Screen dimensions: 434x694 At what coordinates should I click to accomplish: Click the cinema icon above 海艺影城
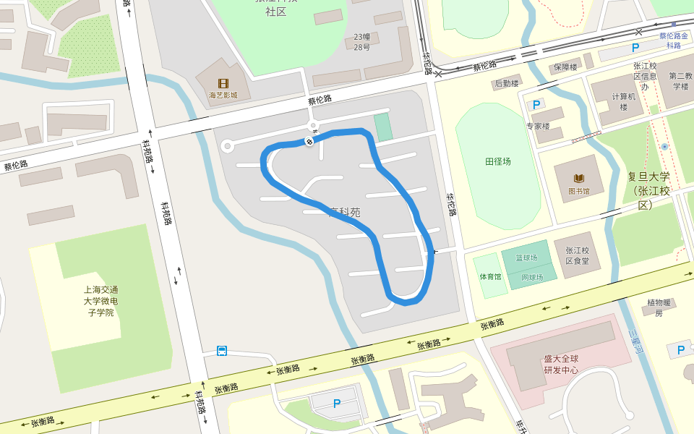point(223,83)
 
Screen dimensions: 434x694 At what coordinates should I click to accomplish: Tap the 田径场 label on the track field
point(498,161)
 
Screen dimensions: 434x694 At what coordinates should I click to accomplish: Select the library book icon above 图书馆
point(578,178)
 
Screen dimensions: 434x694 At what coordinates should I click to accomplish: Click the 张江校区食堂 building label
point(577,255)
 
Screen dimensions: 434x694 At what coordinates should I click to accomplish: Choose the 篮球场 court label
point(526,258)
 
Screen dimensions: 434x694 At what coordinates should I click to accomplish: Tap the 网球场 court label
point(532,277)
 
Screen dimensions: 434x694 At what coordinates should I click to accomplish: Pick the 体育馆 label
point(489,276)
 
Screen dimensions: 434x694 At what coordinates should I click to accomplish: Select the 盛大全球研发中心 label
point(561,364)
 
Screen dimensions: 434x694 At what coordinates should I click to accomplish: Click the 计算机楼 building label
point(624,101)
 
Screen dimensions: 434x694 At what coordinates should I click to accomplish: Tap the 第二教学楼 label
point(681,80)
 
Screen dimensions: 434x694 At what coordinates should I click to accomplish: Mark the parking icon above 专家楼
point(536,105)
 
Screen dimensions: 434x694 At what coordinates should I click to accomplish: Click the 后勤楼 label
point(506,83)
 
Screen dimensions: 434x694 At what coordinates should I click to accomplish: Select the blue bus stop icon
point(222,352)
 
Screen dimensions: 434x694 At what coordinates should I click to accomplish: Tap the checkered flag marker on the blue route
point(309,142)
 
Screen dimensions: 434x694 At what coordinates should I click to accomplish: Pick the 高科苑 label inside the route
point(345,212)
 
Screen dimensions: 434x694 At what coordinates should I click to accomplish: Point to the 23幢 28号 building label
point(361,42)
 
